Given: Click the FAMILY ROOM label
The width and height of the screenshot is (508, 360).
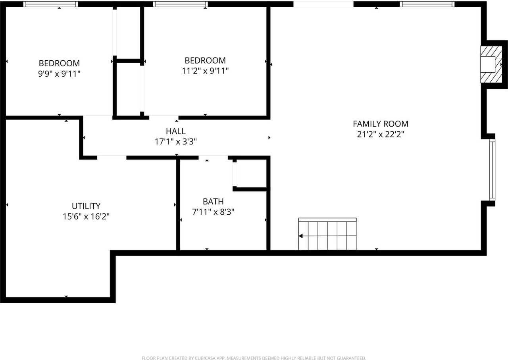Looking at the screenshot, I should pyautogui.click(x=380, y=124).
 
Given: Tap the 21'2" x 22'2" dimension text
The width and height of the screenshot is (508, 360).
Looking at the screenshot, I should pyautogui.click(x=380, y=134).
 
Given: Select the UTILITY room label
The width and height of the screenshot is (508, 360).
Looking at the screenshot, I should pyautogui.click(x=86, y=206).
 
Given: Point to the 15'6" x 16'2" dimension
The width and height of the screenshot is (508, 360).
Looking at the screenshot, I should pyautogui.click(x=86, y=216).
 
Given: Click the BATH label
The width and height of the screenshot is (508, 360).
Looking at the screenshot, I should pyautogui.click(x=213, y=202).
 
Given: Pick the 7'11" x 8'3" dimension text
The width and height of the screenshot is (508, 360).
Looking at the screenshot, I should pyautogui.click(x=213, y=212).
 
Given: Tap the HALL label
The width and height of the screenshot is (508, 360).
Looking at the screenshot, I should pyautogui.click(x=175, y=131).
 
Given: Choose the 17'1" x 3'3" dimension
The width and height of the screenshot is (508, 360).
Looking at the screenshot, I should pyautogui.click(x=175, y=141).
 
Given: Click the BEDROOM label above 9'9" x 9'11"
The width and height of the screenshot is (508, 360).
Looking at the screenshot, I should pyautogui.click(x=59, y=63).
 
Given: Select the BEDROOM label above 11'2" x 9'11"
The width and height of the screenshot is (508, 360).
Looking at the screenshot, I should pyautogui.click(x=205, y=60).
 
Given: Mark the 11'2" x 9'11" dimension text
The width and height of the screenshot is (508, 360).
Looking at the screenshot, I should pyautogui.click(x=205, y=71).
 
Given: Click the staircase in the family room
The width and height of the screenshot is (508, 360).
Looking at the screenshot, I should pyautogui.click(x=327, y=235).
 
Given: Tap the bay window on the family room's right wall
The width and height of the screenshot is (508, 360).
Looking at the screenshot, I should pyautogui.click(x=492, y=170).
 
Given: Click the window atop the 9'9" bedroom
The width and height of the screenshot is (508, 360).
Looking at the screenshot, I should pyautogui.click(x=50, y=4).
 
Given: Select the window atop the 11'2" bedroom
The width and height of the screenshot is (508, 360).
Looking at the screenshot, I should pyautogui.click(x=181, y=4).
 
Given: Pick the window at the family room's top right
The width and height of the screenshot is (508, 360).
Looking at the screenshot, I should pyautogui.click(x=427, y=4).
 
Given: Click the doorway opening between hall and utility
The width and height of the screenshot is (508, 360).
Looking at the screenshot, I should pyautogui.click(x=112, y=158).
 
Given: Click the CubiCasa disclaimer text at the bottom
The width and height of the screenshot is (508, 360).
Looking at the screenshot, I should pyautogui.click(x=254, y=358).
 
